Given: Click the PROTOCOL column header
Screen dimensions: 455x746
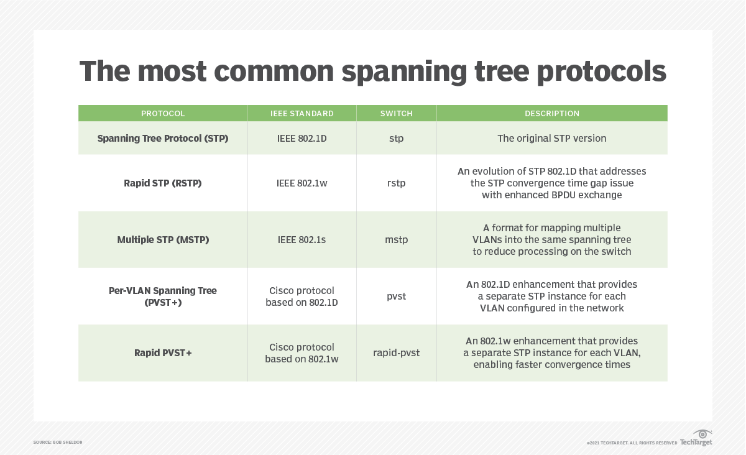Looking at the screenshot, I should [x=163, y=114].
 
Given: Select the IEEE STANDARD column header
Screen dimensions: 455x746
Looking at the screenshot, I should [x=302, y=114].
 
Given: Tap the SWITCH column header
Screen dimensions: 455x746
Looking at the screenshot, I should [x=396, y=114].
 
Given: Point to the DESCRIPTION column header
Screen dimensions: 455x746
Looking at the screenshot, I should [x=551, y=114].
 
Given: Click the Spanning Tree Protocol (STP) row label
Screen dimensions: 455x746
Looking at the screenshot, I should [x=163, y=139].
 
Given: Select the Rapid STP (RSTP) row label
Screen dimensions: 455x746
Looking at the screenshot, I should [x=163, y=183].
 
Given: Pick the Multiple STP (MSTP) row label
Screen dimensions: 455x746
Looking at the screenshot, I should [x=163, y=240].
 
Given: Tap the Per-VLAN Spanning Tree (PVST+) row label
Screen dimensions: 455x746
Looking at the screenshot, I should [x=163, y=296].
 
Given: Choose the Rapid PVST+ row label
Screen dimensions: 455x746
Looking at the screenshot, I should [x=163, y=353].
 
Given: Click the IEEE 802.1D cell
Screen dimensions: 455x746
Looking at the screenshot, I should [x=302, y=139].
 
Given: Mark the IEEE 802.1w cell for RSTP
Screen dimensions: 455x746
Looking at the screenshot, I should [x=302, y=183].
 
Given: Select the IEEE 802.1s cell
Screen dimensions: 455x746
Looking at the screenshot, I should [x=302, y=240].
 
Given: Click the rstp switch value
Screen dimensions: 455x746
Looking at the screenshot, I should [x=396, y=183].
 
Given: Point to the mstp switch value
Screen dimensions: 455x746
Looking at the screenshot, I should [x=396, y=240].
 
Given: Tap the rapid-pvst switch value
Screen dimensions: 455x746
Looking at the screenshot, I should [x=396, y=353].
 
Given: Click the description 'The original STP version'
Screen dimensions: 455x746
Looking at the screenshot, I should [x=551, y=139].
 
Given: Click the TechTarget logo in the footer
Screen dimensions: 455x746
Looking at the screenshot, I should [x=696, y=439].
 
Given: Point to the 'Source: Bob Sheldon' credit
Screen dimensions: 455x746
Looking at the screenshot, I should [x=58, y=442].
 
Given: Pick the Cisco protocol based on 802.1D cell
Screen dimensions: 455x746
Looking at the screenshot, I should [x=302, y=296].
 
